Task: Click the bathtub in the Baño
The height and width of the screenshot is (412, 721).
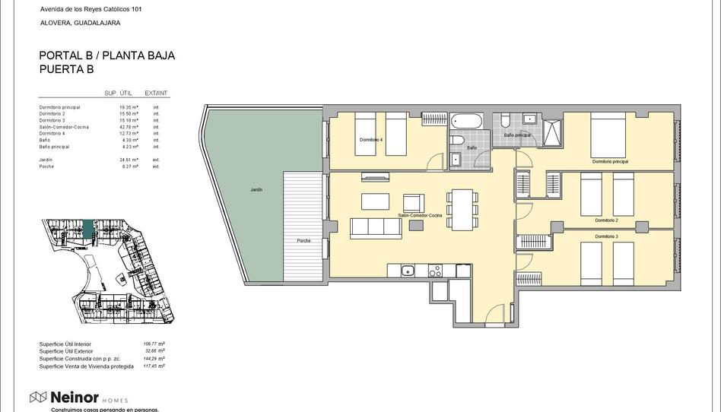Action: point(465,121)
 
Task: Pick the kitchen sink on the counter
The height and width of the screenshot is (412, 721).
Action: point(408,270)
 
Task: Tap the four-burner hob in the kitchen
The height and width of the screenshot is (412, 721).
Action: point(435,270)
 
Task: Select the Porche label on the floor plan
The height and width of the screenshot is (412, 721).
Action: point(303,241)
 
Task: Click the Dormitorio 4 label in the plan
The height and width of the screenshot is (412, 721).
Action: point(371,140)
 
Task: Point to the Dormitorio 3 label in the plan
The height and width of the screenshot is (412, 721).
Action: point(606,236)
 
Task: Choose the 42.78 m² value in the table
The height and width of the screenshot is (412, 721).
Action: point(129,127)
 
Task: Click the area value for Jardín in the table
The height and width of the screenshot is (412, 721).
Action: point(129,160)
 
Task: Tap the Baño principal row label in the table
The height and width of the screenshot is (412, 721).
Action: point(54,147)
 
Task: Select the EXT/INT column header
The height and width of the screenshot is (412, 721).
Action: point(156,93)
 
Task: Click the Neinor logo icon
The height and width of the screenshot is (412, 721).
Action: point(38,397)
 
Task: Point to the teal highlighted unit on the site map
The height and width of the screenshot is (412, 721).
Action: point(88,228)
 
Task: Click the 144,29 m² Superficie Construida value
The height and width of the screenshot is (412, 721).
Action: point(155,358)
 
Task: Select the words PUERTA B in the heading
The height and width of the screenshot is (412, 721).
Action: point(66,69)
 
